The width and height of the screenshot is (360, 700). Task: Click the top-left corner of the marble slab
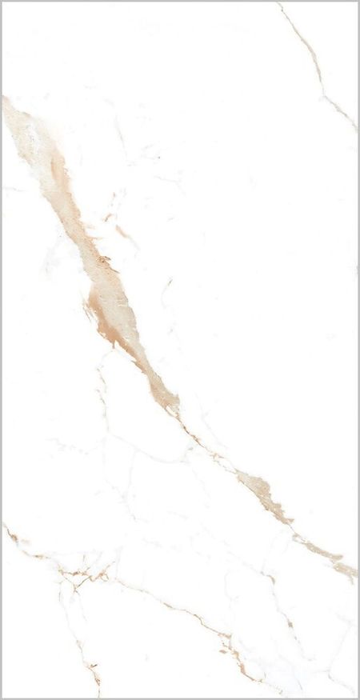click(x=3, y=3)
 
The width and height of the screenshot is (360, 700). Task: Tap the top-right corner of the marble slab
click(x=357, y=3)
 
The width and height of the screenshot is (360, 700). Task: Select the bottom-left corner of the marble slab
click(x=3, y=697)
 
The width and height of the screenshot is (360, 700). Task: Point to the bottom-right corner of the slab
click(x=357, y=697)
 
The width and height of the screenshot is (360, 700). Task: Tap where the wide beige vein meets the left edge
click(x=5, y=102)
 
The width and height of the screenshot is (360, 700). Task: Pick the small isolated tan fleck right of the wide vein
click(x=122, y=232)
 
